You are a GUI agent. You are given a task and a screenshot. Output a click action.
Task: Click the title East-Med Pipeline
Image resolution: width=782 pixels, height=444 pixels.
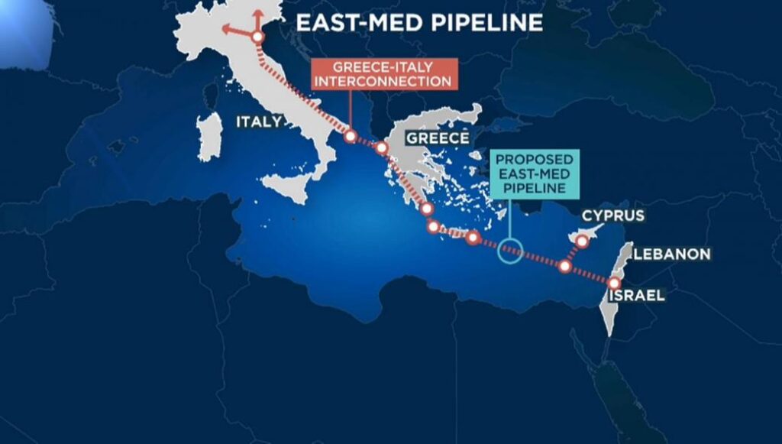[418, 22]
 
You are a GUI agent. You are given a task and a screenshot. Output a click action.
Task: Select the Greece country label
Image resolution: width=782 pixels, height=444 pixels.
[437, 138]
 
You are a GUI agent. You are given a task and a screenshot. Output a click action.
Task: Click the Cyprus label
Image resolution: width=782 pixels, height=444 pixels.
[612, 216]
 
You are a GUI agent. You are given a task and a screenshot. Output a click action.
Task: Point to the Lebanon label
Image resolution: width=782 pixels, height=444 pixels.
[672, 254]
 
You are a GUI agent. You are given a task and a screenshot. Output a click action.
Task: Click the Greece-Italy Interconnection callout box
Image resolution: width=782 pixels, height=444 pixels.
[373, 73]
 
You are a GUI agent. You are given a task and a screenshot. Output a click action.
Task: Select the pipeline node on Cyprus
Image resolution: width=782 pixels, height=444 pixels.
[582, 241]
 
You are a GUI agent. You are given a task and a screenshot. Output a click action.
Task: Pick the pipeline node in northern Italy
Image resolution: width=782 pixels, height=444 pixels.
[257, 36]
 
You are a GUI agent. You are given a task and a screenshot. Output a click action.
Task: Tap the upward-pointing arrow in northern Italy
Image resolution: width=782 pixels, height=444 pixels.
[257, 15]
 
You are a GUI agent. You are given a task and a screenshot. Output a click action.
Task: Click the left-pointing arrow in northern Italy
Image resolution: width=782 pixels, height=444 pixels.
[228, 31]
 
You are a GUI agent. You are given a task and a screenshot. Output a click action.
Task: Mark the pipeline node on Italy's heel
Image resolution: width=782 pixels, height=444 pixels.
[350, 137]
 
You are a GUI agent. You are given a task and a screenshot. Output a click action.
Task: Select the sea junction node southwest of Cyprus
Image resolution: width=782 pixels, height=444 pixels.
[565, 267]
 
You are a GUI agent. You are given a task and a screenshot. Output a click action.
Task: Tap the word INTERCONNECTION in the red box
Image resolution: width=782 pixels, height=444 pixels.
[373, 81]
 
